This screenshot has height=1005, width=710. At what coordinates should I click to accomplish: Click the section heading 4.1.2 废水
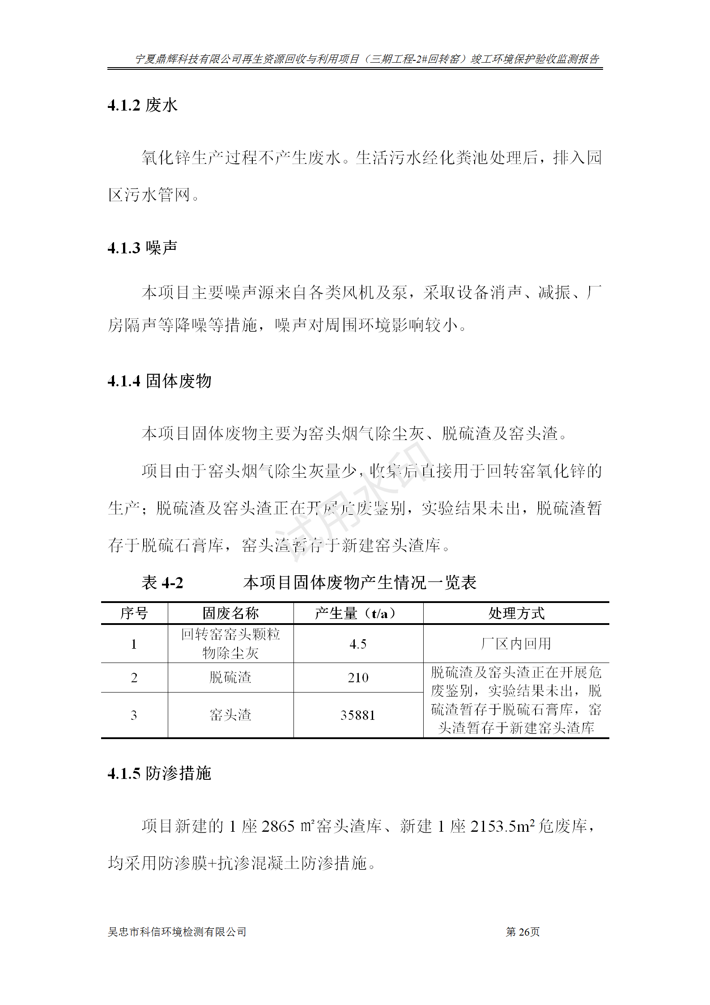pos(142,106)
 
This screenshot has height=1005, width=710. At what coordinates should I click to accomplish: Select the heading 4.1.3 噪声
pos(142,248)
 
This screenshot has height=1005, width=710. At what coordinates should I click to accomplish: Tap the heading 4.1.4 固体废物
pos(159,381)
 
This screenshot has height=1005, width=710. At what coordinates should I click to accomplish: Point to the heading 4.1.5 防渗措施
pos(159,773)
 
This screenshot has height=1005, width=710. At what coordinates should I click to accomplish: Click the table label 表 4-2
pos(162,582)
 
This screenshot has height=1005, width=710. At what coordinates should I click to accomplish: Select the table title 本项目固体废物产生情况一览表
pos(360,582)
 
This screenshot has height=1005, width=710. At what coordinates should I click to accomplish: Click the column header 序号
pos(134,613)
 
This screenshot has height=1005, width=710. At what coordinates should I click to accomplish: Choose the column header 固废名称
pos(230,613)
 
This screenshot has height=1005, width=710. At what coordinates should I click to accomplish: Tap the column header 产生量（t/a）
pos(357,613)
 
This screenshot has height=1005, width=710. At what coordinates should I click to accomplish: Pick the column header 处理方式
pos(516,613)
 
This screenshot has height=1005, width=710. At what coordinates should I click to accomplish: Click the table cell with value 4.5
pos(358,644)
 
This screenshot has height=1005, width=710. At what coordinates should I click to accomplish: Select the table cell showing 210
pos(358,677)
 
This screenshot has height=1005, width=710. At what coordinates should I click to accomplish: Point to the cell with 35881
pos(357,715)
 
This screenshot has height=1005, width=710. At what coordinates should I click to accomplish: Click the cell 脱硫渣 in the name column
pos(230,677)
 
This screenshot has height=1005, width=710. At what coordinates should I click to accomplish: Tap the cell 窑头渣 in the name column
pos(230,715)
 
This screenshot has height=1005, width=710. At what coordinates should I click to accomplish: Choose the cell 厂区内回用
pos(516,644)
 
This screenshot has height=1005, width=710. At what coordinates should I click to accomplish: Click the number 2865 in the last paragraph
pos(278,826)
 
